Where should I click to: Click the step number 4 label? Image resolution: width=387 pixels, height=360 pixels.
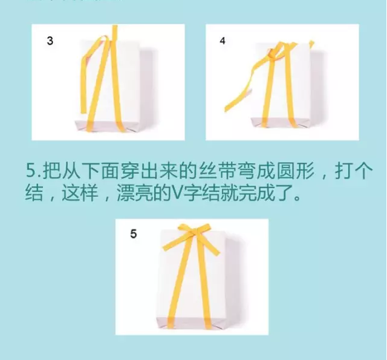click(223, 41)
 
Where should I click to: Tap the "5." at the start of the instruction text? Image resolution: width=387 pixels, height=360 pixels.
click(33, 170)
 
